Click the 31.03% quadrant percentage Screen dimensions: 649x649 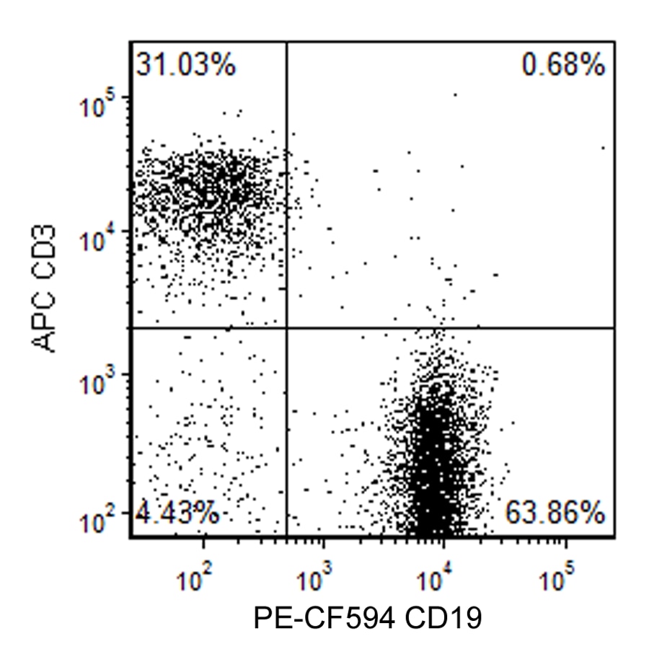(x=185, y=66)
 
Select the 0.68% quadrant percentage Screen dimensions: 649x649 (x=563, y=66)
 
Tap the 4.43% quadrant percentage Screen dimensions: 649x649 (x=177, y=513)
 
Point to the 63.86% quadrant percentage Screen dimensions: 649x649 (x=554, y=513)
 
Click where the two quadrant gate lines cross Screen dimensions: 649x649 (x=287, y=327)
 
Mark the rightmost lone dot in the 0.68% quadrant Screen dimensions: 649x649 (x=603, y=147)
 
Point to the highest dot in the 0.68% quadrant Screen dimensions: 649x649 (x=455, y=94)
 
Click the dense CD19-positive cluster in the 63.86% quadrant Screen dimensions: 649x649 (x=433, y=462)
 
